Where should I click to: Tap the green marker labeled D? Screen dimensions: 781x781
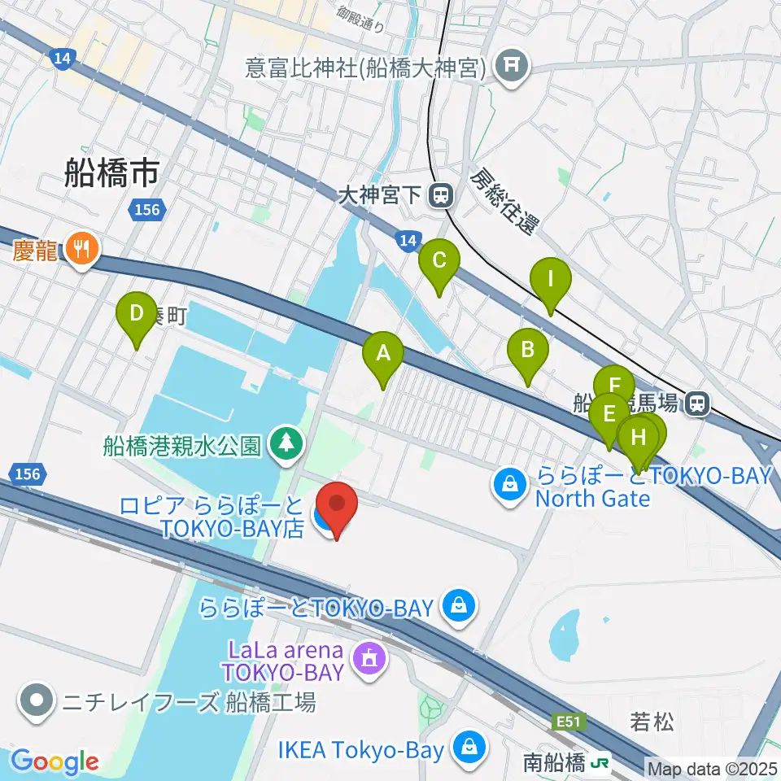click(x=137, y=314)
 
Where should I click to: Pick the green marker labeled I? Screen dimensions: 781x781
click(x=550, y=281)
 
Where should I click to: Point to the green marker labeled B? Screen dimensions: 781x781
click(x=527, y=351)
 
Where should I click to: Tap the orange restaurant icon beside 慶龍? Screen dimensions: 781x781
click(x=81, y=247)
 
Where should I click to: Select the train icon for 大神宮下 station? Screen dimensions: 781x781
click(x=441, y=194)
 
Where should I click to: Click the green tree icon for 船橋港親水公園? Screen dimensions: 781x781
click(x=286, y=444)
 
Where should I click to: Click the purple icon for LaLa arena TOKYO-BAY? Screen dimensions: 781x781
click(x=370, y=657)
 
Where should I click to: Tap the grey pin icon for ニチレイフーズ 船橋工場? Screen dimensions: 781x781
click(x=37, y=700)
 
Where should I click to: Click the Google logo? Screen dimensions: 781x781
click(x=55, y=761)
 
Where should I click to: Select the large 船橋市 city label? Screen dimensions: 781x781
click(x=111, y=172)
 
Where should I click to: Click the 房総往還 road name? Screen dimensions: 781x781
click(x=504, y=203)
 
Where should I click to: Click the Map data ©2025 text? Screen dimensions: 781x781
click(x=712, y=768)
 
